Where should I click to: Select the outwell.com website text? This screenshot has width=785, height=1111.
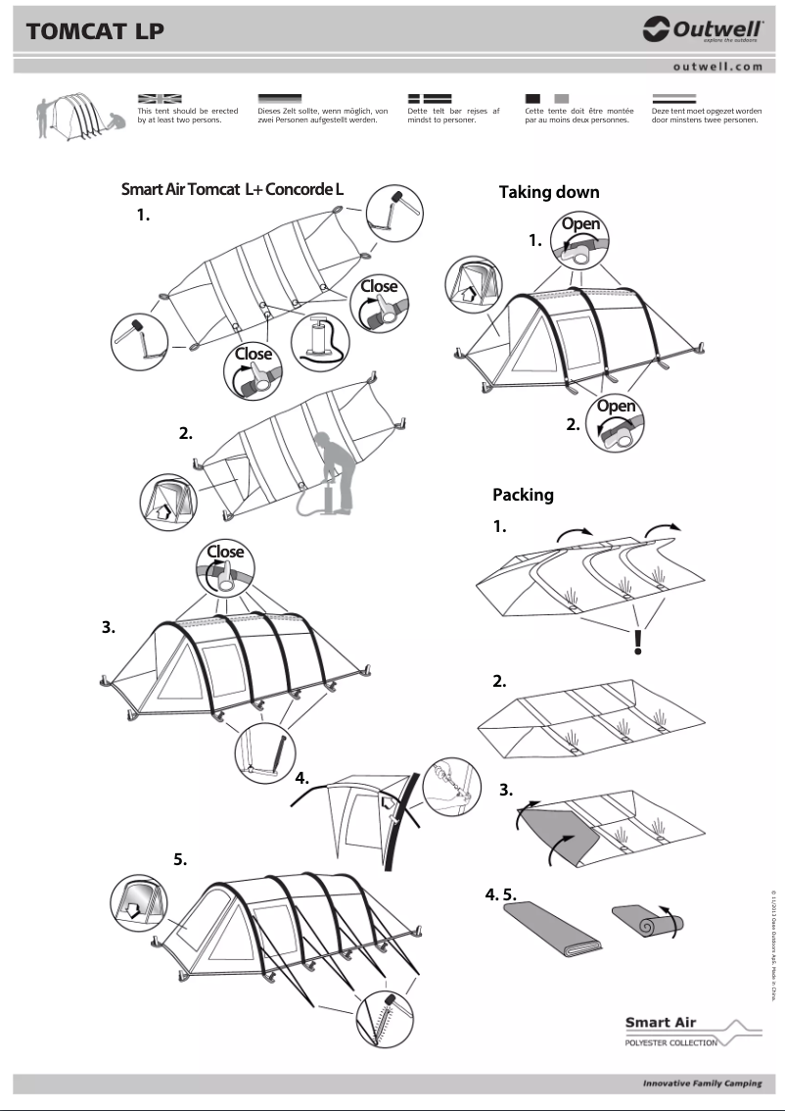point(717,67)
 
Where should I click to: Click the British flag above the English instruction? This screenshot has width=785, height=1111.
point(160,99)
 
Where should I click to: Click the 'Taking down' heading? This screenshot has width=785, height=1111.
point(548,192)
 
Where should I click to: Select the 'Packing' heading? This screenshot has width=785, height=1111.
point(523,495)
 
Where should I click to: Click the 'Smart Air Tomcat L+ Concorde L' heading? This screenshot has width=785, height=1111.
point(232,189)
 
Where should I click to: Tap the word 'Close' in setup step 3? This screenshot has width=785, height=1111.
point(224,552)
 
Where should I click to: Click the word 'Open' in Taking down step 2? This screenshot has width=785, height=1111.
point(616,407)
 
